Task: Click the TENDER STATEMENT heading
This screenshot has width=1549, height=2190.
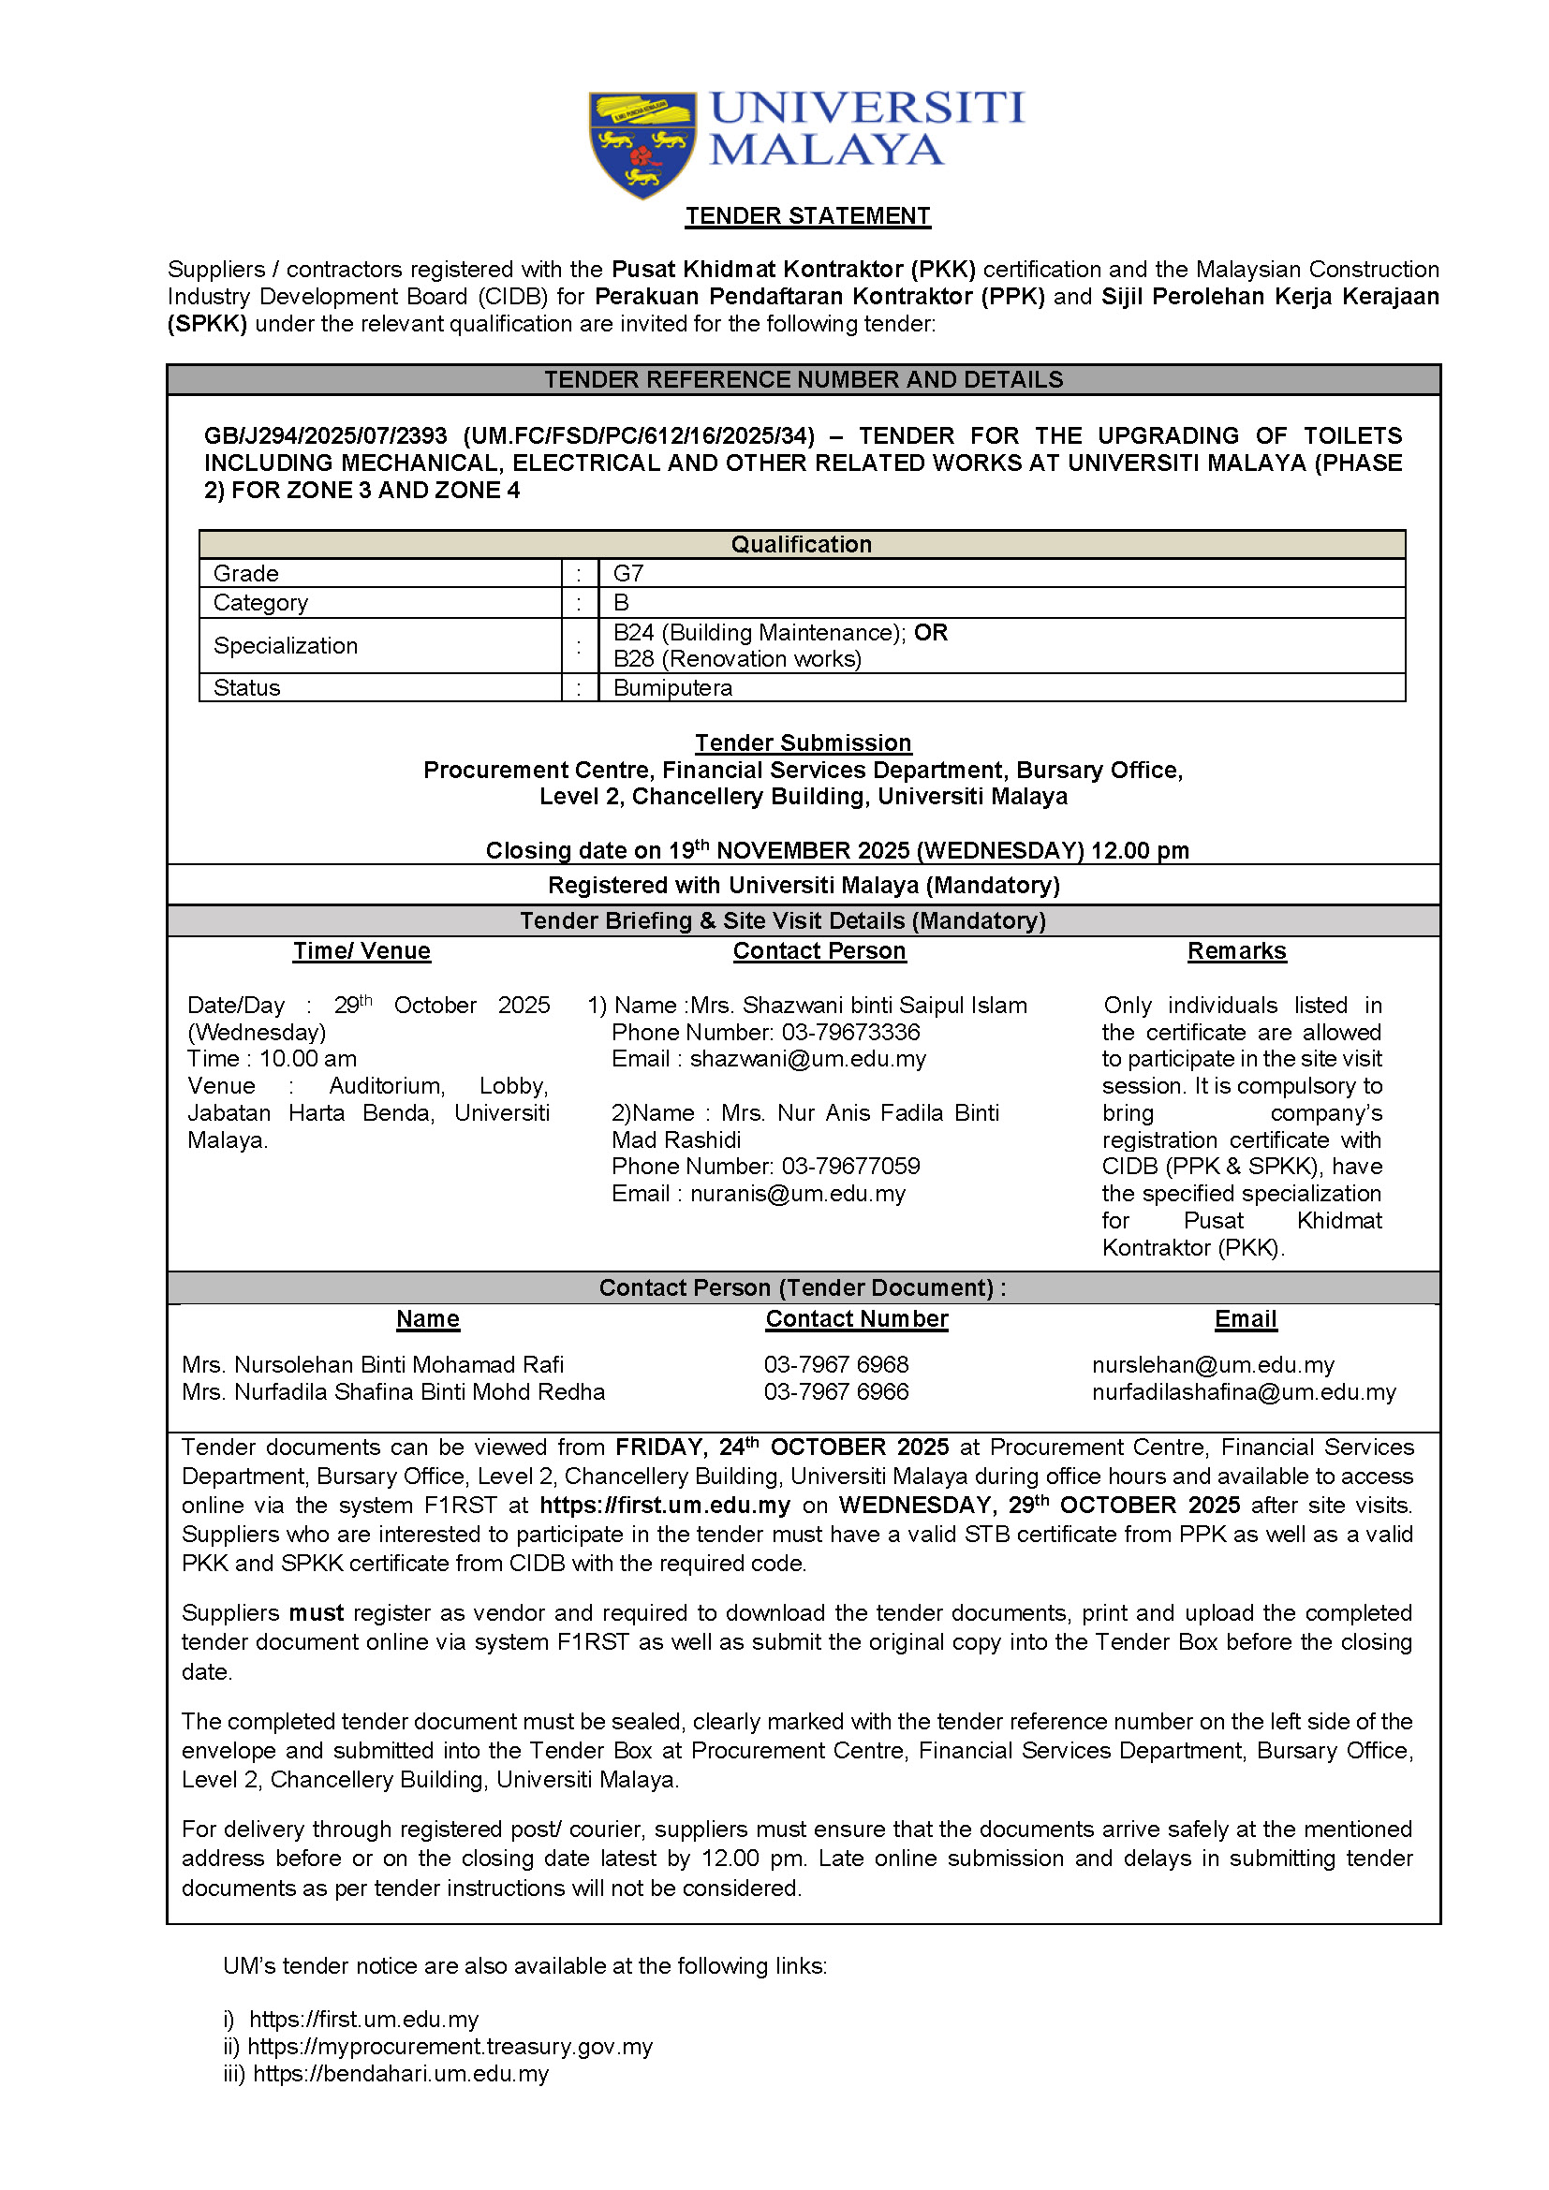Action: (x=807, y=216)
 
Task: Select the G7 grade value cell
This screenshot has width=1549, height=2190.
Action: (x=628, y=573)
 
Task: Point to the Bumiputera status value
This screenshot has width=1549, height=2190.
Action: (x=672, y=688)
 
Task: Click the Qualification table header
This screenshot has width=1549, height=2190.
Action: (x=802, y=545)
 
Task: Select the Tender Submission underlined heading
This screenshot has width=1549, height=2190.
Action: (x=803, y=743)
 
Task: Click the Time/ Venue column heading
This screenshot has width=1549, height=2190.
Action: (x=361, y=951)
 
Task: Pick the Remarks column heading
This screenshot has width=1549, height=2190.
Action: (x=1236, y=951)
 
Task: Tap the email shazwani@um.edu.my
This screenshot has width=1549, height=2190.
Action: (x=808, y=1059)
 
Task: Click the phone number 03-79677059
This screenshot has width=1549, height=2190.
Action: (x=850, y=1166)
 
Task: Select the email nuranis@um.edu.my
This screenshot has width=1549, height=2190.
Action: (x=797, y=1193)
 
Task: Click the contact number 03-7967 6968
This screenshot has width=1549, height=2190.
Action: (x=835, y=1365)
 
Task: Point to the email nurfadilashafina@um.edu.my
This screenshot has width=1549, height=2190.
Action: (x=1244, y=1392)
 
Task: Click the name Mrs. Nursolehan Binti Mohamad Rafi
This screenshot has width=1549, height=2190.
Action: (x=372, y=1365)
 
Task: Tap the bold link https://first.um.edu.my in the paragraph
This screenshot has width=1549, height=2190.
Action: (x=665, y=1506)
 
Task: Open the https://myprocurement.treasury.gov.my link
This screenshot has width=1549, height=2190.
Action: (x=450, y=2047)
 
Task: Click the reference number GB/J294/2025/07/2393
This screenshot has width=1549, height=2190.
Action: (x=325, y=436)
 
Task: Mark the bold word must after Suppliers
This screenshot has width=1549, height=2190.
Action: (x=316, y=1613)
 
